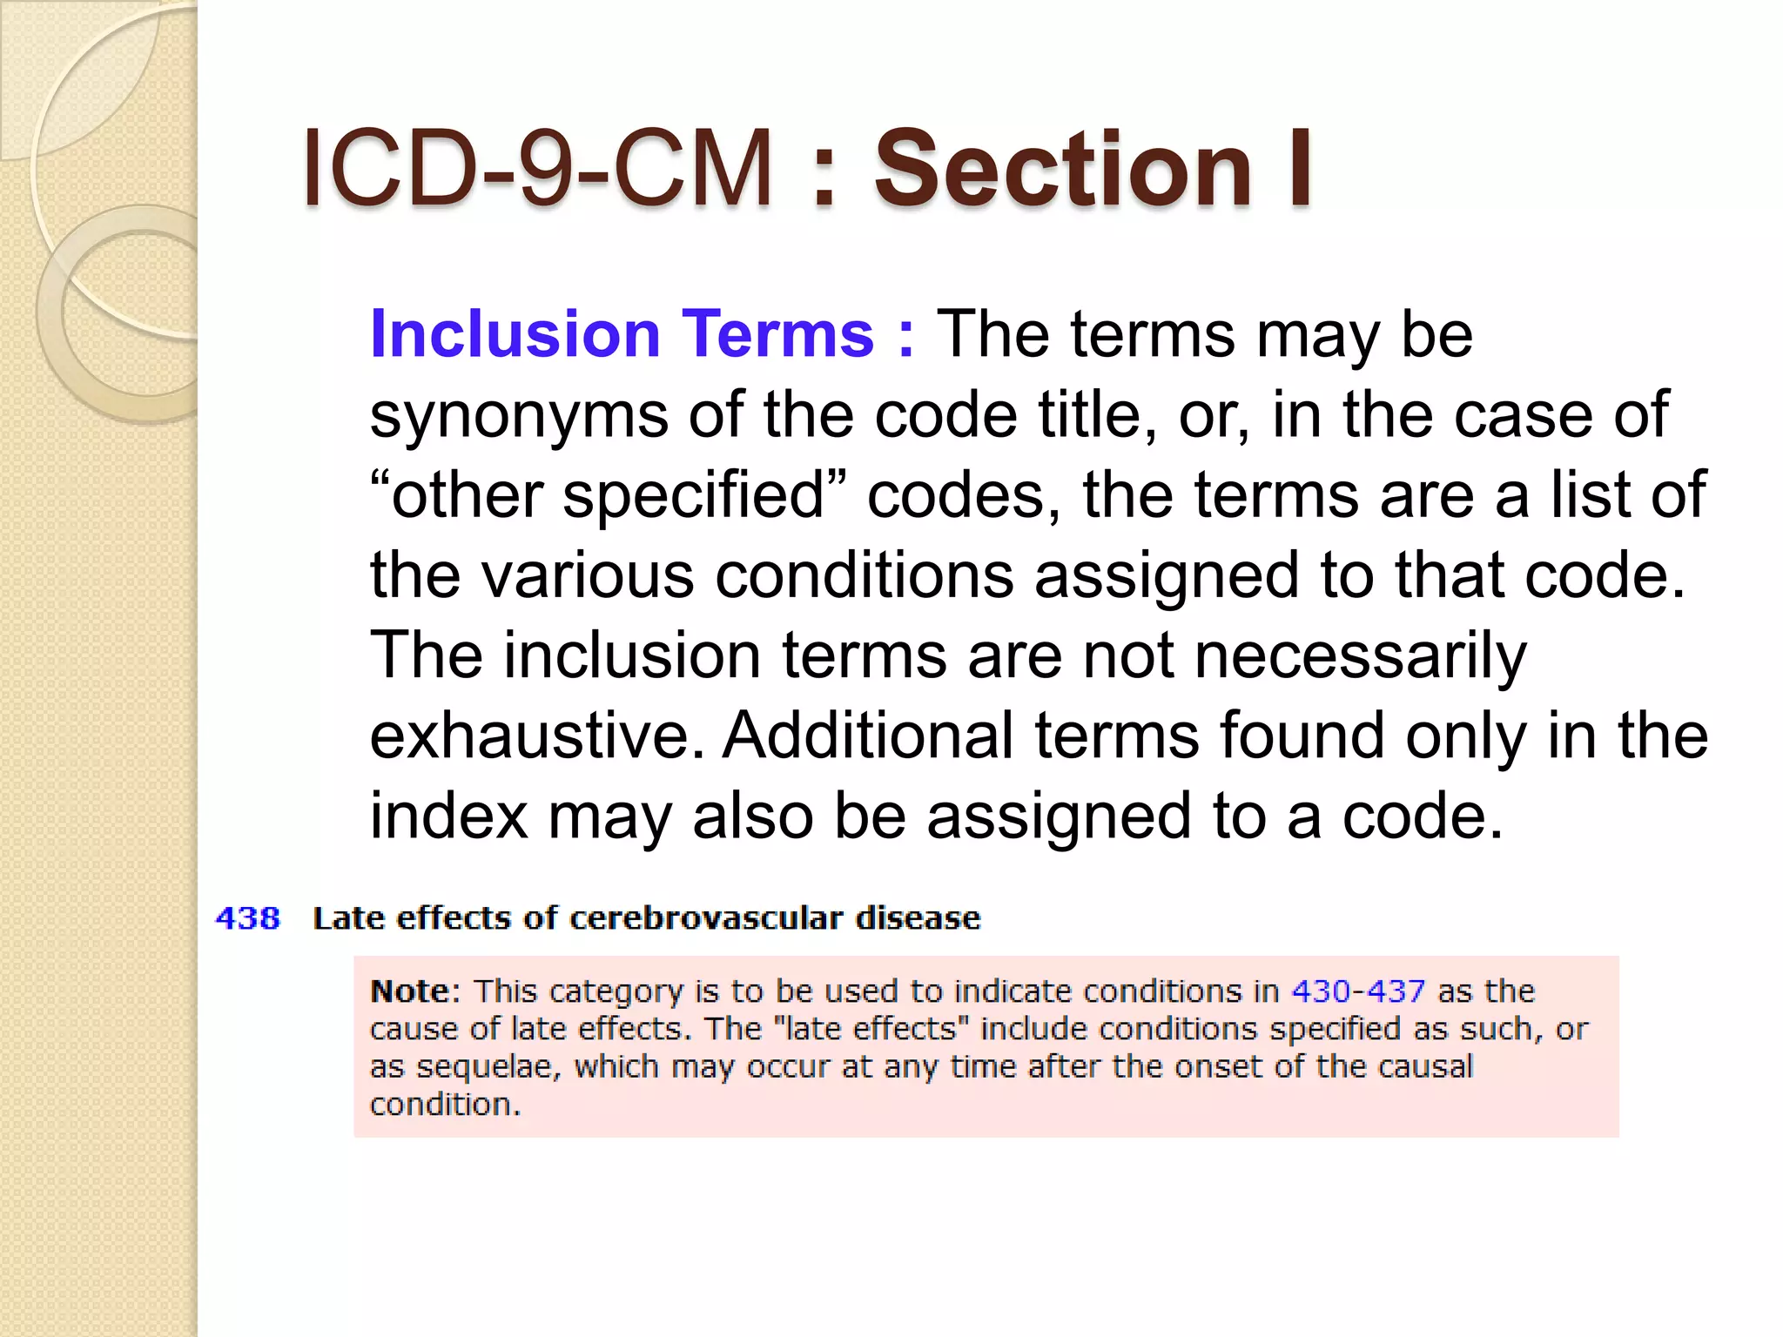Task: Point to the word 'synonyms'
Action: (519, 416)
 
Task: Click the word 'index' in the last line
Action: (448, 816)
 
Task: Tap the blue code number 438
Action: (248, 918)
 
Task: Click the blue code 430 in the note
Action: (1321, 991)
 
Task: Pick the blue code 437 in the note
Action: (1396, 991)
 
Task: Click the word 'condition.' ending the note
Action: (445, 1105)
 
